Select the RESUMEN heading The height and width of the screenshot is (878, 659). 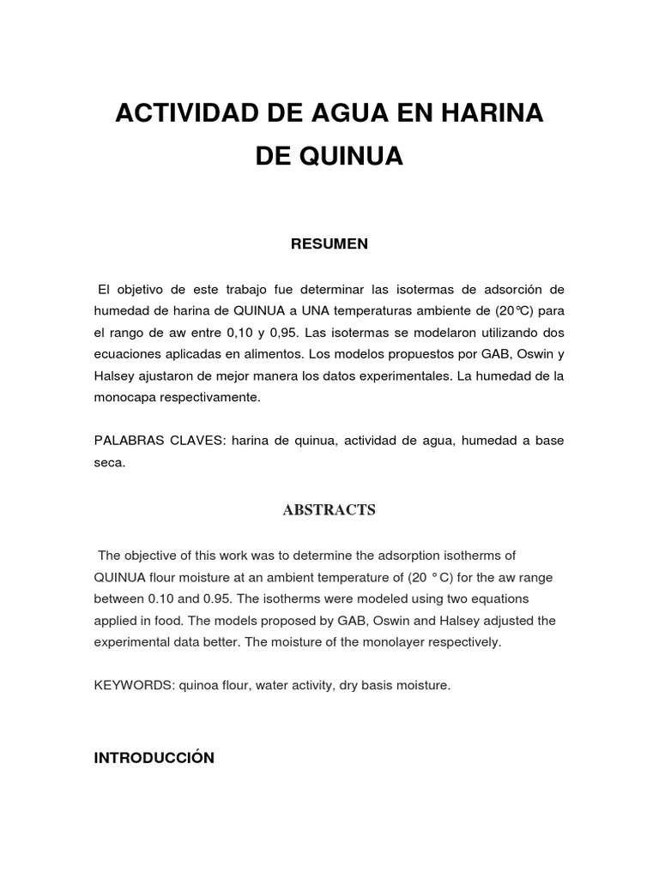click(329, 244)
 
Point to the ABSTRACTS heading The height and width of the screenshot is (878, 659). click(329, 510)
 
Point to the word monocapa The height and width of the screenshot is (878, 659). click(126, 398)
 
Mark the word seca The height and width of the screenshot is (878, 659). click(109, 463)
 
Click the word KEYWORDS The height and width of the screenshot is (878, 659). click(128, 686)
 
